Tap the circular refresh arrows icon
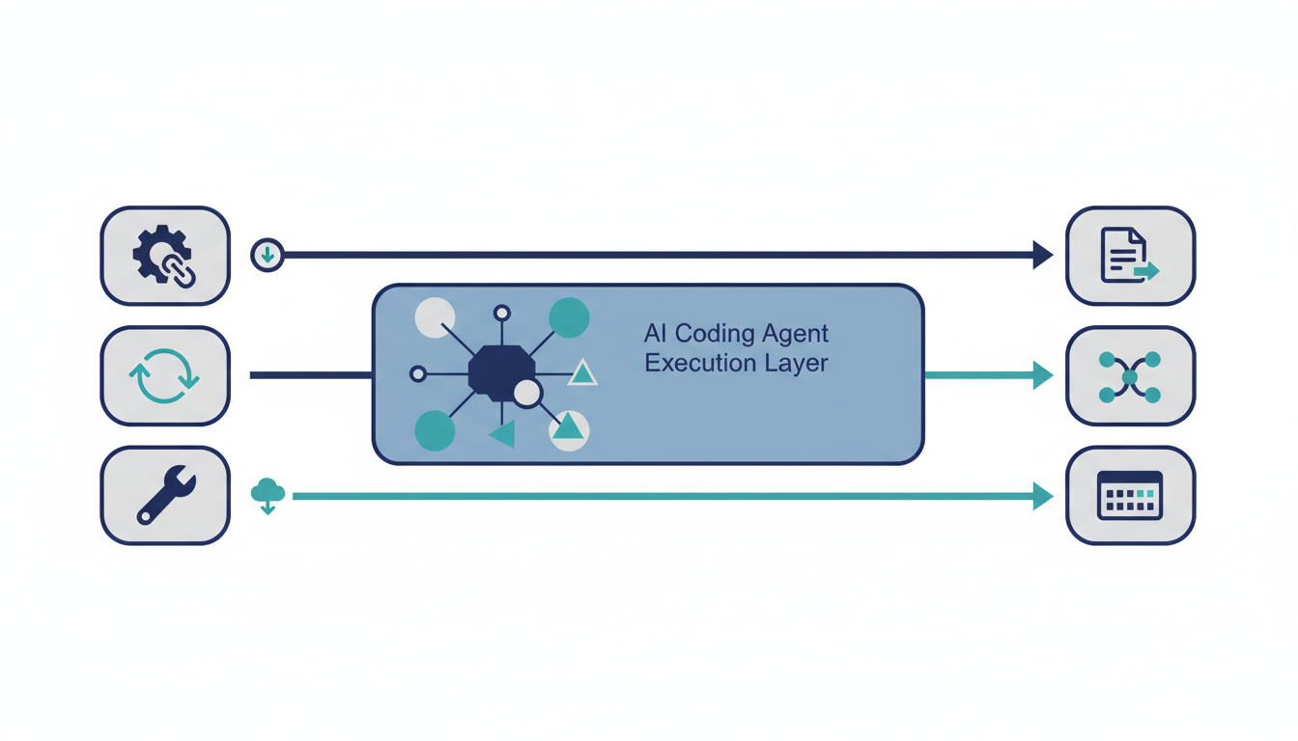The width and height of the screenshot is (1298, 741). (x=165, y=375)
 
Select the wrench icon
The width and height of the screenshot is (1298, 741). (x=165, y=495)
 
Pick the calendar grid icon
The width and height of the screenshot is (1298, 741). (x=1130, y=495)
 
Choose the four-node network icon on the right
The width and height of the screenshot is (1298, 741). (x=1130, y=375)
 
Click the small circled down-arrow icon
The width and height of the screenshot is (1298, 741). (x=268, y=256)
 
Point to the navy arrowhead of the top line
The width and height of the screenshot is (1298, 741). (x=1042, y=256)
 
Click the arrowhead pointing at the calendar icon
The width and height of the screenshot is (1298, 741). (x=1042, y=496)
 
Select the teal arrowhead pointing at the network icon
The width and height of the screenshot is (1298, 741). (x=1042, y=375)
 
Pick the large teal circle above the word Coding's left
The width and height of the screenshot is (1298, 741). (x=569, y=317)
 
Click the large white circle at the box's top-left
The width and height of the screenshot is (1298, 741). (x=435, y=317)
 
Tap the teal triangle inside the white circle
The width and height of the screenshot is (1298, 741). (x=569, y=427)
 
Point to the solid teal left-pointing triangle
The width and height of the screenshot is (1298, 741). (x=503, y=434)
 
